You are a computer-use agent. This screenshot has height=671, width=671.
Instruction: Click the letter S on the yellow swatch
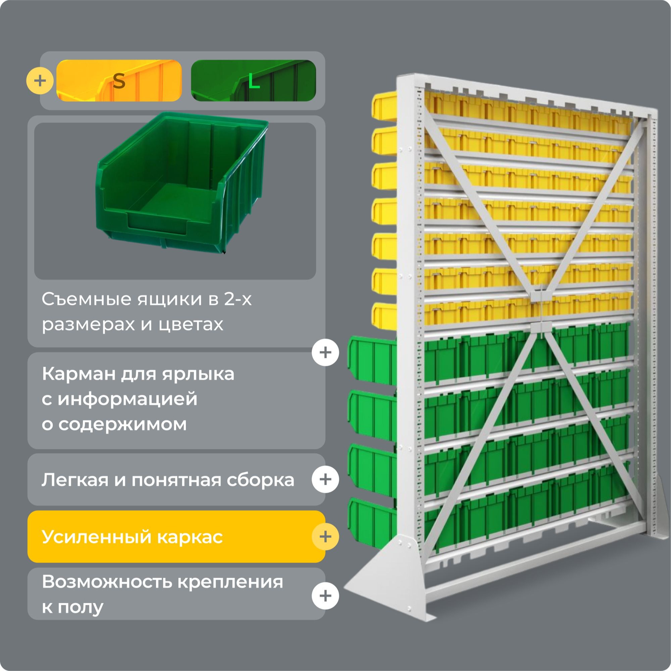(x=119, y=81)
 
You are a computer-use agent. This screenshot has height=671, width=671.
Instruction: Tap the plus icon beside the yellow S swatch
(x=40, y=81)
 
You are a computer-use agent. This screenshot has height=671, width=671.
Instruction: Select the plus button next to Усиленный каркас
(x=325, y=536)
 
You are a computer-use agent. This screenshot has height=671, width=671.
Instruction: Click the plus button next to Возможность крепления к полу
(x=325, y=596)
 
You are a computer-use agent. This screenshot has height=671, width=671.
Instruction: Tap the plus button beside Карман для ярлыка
(x=325, y=353)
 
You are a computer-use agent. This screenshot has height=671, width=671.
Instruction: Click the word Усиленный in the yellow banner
(x=97, y=537)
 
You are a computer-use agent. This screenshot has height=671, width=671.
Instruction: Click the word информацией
(x=127, y=399)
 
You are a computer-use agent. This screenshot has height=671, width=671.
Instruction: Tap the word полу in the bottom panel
(x=81, y=608)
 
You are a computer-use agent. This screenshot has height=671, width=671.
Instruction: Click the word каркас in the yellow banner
(x=190, y=537)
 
